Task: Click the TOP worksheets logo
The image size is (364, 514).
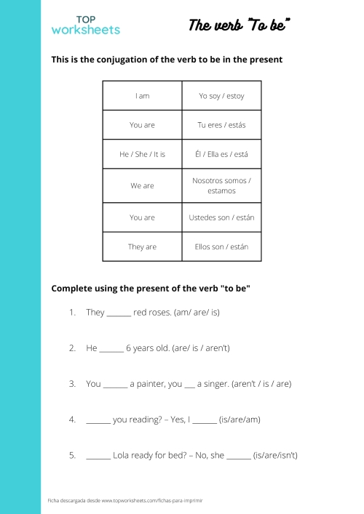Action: [85, 25]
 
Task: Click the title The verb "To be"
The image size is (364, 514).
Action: [240, 25]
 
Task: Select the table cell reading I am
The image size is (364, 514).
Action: [142, 96]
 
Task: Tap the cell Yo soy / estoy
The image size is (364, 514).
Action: [221, 96]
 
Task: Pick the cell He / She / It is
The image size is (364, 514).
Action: [142, 154]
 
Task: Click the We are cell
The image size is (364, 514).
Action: [142, 185]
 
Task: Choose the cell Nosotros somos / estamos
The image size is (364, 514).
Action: [221, 185]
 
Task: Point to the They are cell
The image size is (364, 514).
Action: [142, 246]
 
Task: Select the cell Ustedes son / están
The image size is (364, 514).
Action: [221, 217]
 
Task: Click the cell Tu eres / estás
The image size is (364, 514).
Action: [221, 125]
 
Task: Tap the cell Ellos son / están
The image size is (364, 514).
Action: [221, 246]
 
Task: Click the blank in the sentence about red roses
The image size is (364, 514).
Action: [119, 314]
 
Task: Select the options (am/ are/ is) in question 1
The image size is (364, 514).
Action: [197, 313]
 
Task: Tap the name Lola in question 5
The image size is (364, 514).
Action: [123, 455]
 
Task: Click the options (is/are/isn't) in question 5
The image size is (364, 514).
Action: [275, 456]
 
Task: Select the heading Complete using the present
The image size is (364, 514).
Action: [151, 288]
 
